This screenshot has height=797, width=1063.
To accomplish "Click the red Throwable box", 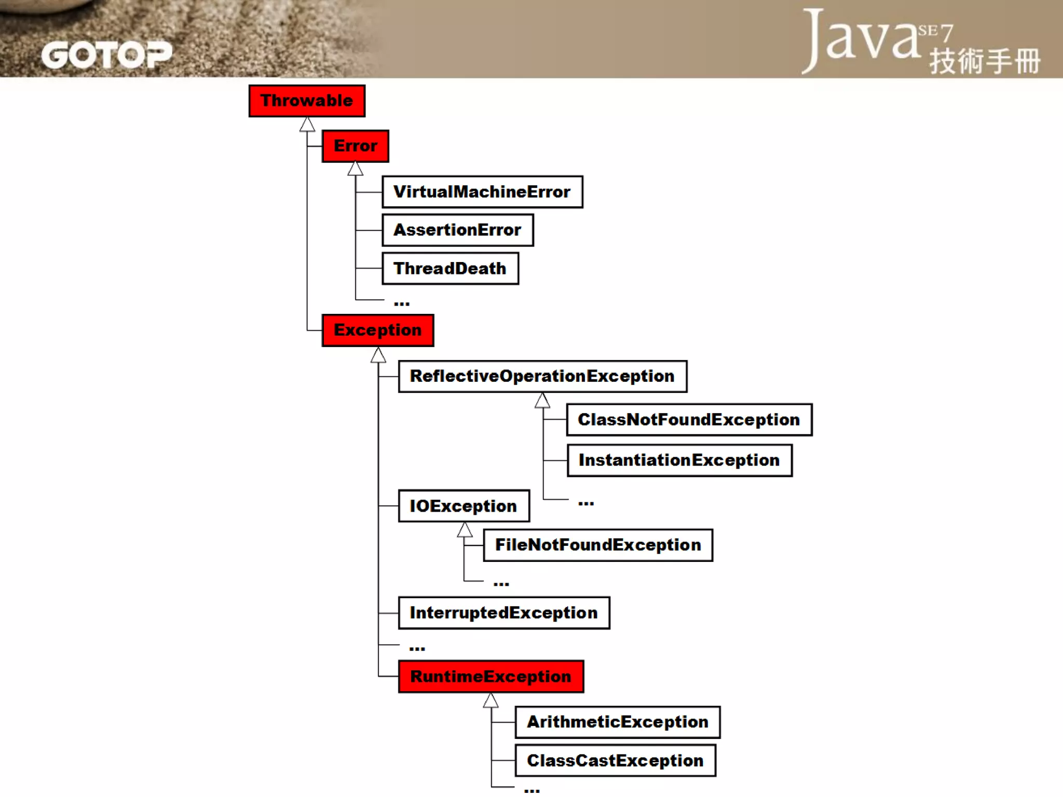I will [307, 101].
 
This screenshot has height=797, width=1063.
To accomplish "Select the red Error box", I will [356, 146].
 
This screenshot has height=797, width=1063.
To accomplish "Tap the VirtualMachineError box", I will [482, 192].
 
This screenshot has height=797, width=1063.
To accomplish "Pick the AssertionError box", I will [458, 230].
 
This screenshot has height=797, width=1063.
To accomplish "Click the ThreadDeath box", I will [450, 268].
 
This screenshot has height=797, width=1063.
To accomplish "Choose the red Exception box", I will [378, 330].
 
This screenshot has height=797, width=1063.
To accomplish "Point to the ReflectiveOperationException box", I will [542, 376].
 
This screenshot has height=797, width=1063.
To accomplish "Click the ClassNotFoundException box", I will [689, 420].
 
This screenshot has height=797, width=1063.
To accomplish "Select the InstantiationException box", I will [679, 460].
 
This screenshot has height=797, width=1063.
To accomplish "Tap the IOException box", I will [464, 506].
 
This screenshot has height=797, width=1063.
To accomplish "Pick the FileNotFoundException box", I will [598, 545].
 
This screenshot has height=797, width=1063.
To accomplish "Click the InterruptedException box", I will [504, 613].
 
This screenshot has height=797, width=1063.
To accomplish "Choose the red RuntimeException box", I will [491, 677].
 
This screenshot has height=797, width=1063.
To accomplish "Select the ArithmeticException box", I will [618, 722].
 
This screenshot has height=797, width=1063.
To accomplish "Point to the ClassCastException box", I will [616, 761].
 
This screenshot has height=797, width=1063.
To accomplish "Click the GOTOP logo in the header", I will [106, 55].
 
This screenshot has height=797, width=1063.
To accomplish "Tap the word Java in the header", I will [862, 39].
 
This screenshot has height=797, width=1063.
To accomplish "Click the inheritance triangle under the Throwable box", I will [307, 125].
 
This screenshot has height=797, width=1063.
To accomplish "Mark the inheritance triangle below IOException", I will [465, 530].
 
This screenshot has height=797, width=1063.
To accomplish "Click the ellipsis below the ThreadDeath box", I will [402, 303].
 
